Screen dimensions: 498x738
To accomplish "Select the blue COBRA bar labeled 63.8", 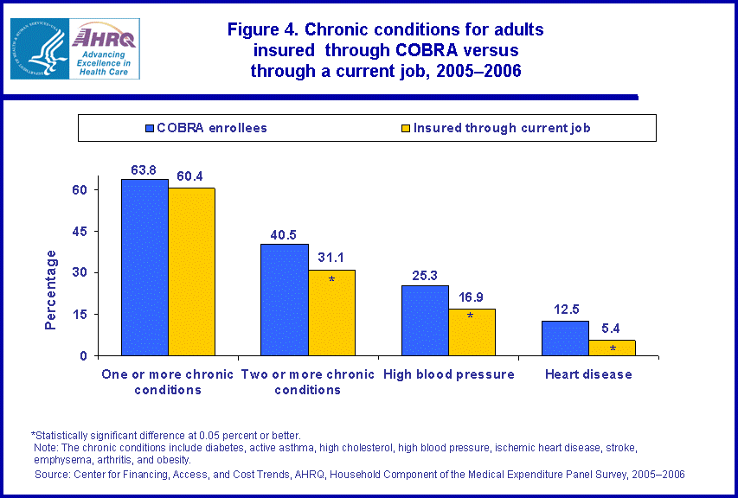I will point(144,267).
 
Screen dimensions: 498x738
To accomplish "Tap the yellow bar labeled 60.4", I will point(191,271).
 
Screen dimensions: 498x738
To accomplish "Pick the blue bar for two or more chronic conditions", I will point(285,299).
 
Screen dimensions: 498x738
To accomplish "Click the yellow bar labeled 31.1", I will point(331,312).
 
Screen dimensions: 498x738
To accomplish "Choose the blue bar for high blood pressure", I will point(425,320).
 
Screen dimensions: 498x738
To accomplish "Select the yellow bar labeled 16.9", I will point(472,332).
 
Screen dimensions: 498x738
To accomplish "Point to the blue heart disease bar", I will point(565,338).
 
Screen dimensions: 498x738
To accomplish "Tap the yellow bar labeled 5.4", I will point(612,348).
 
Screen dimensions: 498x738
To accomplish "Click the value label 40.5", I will point(285,233).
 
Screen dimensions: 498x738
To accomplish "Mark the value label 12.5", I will point(565,310).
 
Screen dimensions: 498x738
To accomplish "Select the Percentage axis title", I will point(51,290).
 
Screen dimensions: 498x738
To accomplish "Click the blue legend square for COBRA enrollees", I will point(150,128).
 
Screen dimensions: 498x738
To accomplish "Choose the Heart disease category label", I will point(588,374).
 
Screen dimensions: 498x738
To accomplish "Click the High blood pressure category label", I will point(448,374).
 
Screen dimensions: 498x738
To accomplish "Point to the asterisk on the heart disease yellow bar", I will point(613,348).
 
